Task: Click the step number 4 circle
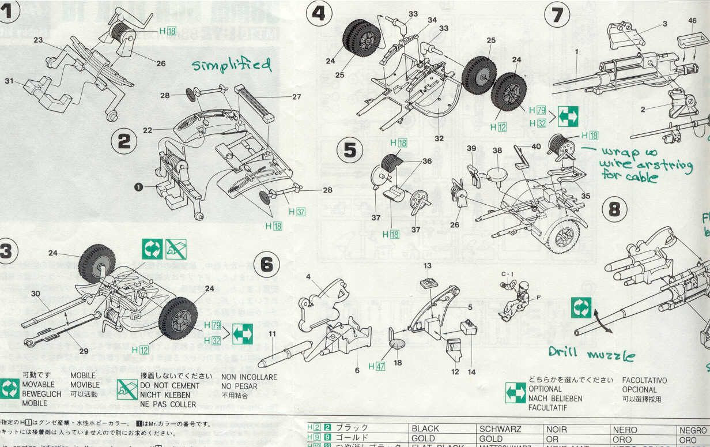319,13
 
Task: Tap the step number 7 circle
557,16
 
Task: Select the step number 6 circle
267,265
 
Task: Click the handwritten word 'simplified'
232,65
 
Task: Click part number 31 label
9,81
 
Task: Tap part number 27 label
297,97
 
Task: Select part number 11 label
272,333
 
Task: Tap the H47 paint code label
376,366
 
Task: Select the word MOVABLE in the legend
38,384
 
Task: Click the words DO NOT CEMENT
170,385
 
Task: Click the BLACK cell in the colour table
425,429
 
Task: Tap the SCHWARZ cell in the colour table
500,429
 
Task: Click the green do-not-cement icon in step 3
176,249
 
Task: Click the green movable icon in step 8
581,309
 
